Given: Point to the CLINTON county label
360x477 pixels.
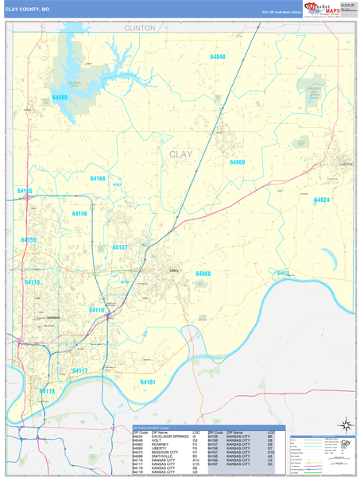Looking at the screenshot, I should (x=140, y=27).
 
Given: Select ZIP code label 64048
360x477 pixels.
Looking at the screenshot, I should (x=217, y=57).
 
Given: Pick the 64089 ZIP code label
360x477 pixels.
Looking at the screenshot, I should (x=60, y=97).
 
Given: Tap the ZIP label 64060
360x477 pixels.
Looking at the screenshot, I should (x=238, y=162).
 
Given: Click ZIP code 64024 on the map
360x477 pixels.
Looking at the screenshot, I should (x=321, y=200).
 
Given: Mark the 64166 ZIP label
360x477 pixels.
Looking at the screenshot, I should (x=97, y=179).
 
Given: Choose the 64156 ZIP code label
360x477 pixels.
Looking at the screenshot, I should (x=79, y=214).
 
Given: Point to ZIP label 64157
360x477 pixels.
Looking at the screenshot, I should (x=119, y=247).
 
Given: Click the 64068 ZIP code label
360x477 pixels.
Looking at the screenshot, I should (x=203, y=273).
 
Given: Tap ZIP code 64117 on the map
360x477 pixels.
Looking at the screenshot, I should (x=79, y=370).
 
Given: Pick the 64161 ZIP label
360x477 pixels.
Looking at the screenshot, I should (x=148, y=382).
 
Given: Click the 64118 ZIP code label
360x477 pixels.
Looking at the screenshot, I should (x=32, y=282).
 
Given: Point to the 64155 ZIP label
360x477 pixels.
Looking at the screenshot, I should (x=29, y=239).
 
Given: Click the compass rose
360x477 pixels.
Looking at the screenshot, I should (x=343, y=425).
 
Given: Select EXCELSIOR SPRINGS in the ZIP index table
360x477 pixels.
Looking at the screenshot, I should (x=170, y=436).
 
